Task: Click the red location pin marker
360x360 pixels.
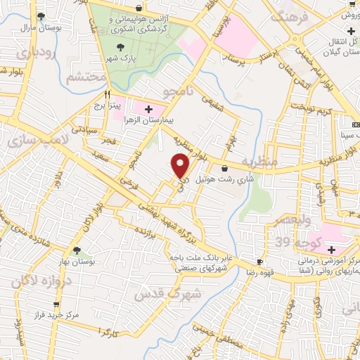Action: (x=181, y=167)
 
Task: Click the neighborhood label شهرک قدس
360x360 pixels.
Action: (x=173, y=291)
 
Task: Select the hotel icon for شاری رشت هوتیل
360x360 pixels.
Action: (x=224, y=168)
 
